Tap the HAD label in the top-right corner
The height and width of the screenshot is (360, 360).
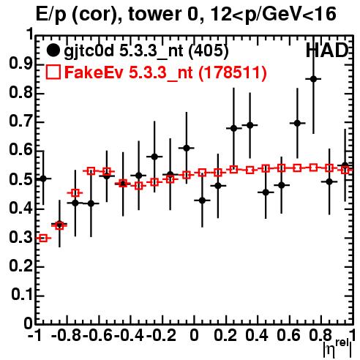(x=327, y=50)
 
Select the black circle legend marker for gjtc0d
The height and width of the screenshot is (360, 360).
(x=53, y=50)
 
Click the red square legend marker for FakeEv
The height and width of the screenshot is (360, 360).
(x=53, y=72)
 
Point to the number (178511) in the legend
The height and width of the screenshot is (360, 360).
(x=233, y=72)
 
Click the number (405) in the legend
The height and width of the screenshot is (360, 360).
(x=209, y=50)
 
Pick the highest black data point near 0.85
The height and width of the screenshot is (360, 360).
(x=313, y=79)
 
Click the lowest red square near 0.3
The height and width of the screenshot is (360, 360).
(x=43, y=238)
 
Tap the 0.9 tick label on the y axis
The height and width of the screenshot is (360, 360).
(x=20, y=64)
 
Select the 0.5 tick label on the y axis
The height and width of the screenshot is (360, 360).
(x=20, y=180)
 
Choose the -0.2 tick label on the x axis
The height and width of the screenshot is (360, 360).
(x=161, y=336)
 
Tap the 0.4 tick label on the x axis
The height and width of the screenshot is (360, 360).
(x=257, y=336)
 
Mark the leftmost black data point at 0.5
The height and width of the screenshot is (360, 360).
(x=43, y=179)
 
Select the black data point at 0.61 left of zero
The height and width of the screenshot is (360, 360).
(x=187, y=148)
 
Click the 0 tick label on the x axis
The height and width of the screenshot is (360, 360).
(x=194, y=336)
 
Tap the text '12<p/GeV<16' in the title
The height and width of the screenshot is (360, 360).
(x=273, y=14)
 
